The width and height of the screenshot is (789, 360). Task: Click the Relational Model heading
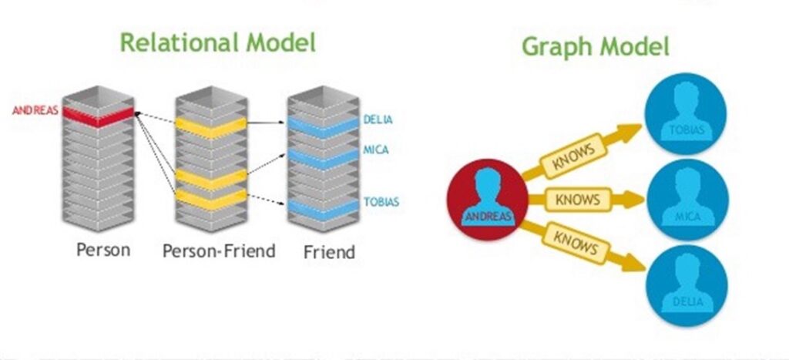click(218, 42)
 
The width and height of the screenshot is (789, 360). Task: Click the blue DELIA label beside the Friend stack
click(378, 119)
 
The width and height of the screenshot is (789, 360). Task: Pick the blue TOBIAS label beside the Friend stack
click(381, 203)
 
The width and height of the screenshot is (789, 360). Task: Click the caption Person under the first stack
click(103, 250)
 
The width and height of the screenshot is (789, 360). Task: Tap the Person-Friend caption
click(219, 251)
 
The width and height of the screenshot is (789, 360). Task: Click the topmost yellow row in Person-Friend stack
click(211, 125)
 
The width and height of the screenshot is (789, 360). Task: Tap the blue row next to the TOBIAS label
click(324, 207)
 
